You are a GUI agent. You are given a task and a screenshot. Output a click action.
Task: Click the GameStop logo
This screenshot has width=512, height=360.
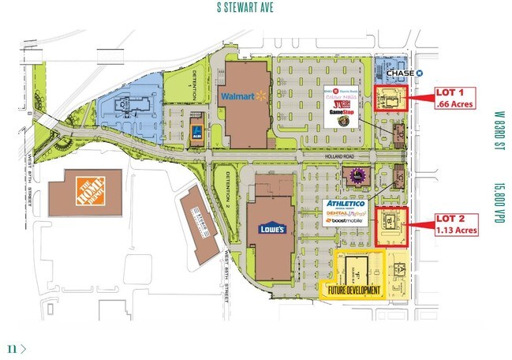click(x=345, y=112)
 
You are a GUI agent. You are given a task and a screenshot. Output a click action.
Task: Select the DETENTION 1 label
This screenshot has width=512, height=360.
click(x=192, y=84)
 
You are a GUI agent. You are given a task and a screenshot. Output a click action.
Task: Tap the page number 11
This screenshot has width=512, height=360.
click(x=12, y=347)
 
